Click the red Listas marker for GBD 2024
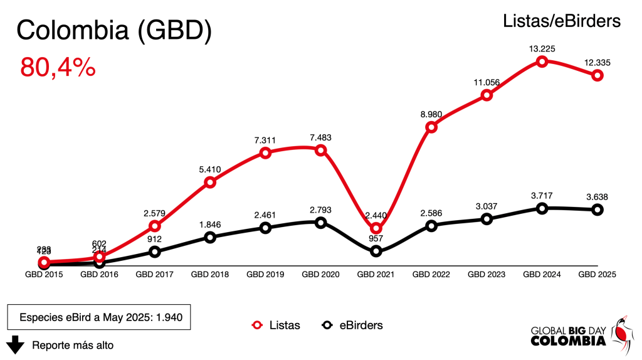pos(542,61)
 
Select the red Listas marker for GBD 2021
pos(376,228)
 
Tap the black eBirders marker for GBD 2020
pos(320,223)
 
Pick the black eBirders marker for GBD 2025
pos(597,209)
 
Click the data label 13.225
pos(542,48)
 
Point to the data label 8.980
pos(431,114)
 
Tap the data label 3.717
pos(542,195)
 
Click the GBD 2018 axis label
pos(209,274)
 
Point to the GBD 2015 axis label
pos(44,274)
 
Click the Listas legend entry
pos(276,325)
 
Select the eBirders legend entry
pos(352,325)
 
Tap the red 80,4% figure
pos(58,66)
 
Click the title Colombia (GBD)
pos(113,30)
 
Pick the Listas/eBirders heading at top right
pos(561,21)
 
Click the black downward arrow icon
pos(16,344)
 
